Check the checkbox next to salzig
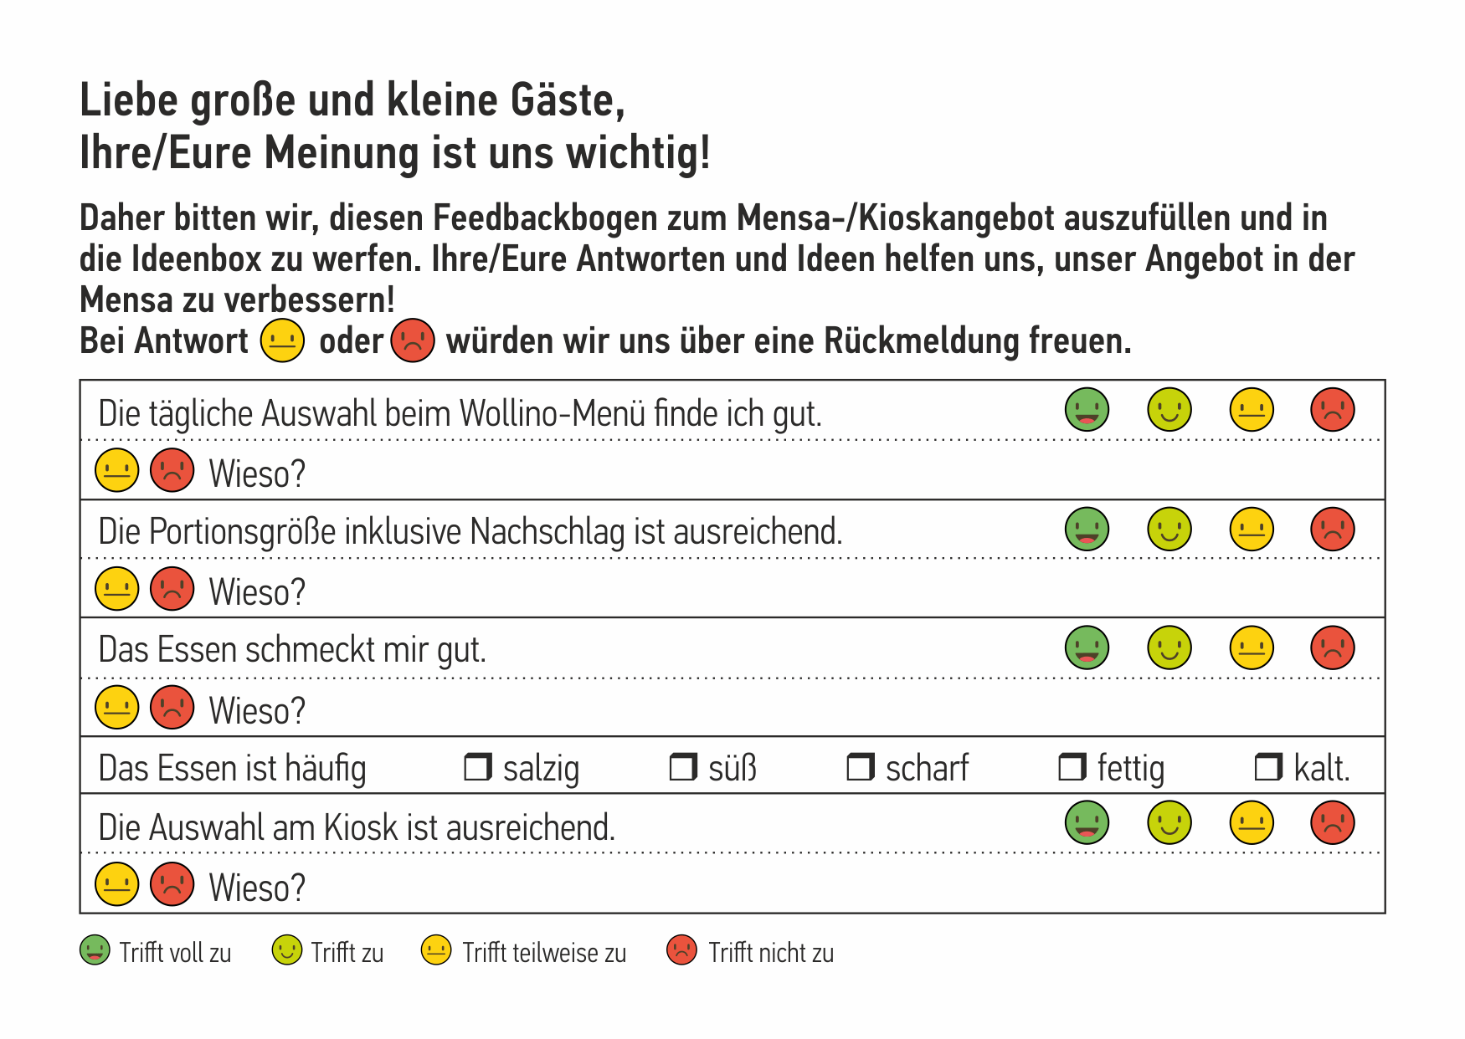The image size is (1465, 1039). coord(478,766)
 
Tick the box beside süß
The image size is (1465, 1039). coord(683,766)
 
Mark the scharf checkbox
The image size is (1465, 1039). coord(861,766)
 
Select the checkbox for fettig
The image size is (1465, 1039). coord(1072,766)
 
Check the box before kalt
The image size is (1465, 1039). coord(1268,766)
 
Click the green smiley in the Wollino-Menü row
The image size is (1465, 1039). coord(1087,410)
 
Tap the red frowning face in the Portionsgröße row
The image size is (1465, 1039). coord(1332,529)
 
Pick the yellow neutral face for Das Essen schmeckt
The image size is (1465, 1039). coord(1251,647)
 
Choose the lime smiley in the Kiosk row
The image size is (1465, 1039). coord(1169,822)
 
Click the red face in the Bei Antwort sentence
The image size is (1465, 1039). coord(413,340)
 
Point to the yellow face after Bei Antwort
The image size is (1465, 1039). coord(282,340)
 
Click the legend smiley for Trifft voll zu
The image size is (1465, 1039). coord(95,950)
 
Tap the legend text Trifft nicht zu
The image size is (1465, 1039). coord(770,953)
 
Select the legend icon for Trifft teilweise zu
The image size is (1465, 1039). coord(436,950)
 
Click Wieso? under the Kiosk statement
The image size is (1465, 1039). coord(256,888)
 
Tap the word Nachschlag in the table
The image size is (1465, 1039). coord(547,532)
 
